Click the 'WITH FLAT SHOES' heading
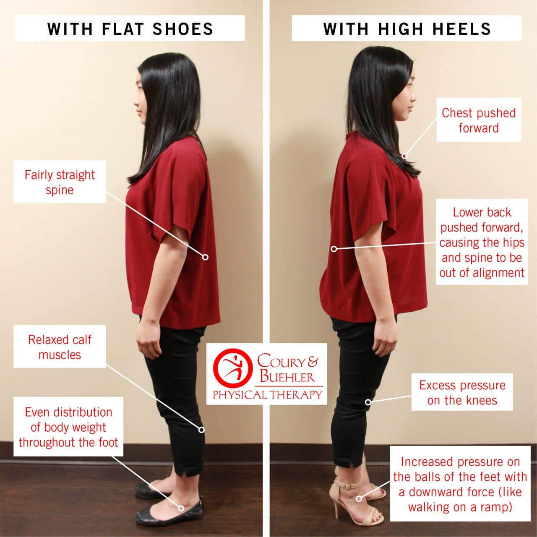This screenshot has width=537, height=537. tap(130, 29)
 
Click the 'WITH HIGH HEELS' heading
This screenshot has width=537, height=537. tap(407, 29)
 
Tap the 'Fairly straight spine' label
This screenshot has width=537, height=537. tap(60, 182)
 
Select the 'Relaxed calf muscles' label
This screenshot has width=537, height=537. tap(60, 347)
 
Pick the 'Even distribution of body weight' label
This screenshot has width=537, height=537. tap(68, 427)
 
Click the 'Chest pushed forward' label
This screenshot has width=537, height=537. tap(478, 120)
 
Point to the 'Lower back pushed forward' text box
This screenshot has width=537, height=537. tap(482, 242)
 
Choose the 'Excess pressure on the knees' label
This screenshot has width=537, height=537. tap(462, 392)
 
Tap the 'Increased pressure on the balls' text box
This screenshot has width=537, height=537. tap(460, 484)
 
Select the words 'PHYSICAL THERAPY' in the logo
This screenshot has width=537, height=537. tap(267, 395)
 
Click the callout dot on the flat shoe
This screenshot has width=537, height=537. tap(181, 508)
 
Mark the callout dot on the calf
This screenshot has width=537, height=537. tap(201, 430)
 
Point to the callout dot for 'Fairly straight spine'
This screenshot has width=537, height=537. tap(205, 257)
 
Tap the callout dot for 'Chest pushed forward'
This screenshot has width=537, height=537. tap(404, 156)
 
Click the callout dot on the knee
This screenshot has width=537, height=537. tap(368, 402)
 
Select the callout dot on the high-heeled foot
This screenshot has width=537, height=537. tap(359, 498)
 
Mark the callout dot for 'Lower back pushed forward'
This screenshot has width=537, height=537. tap(334, 249)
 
